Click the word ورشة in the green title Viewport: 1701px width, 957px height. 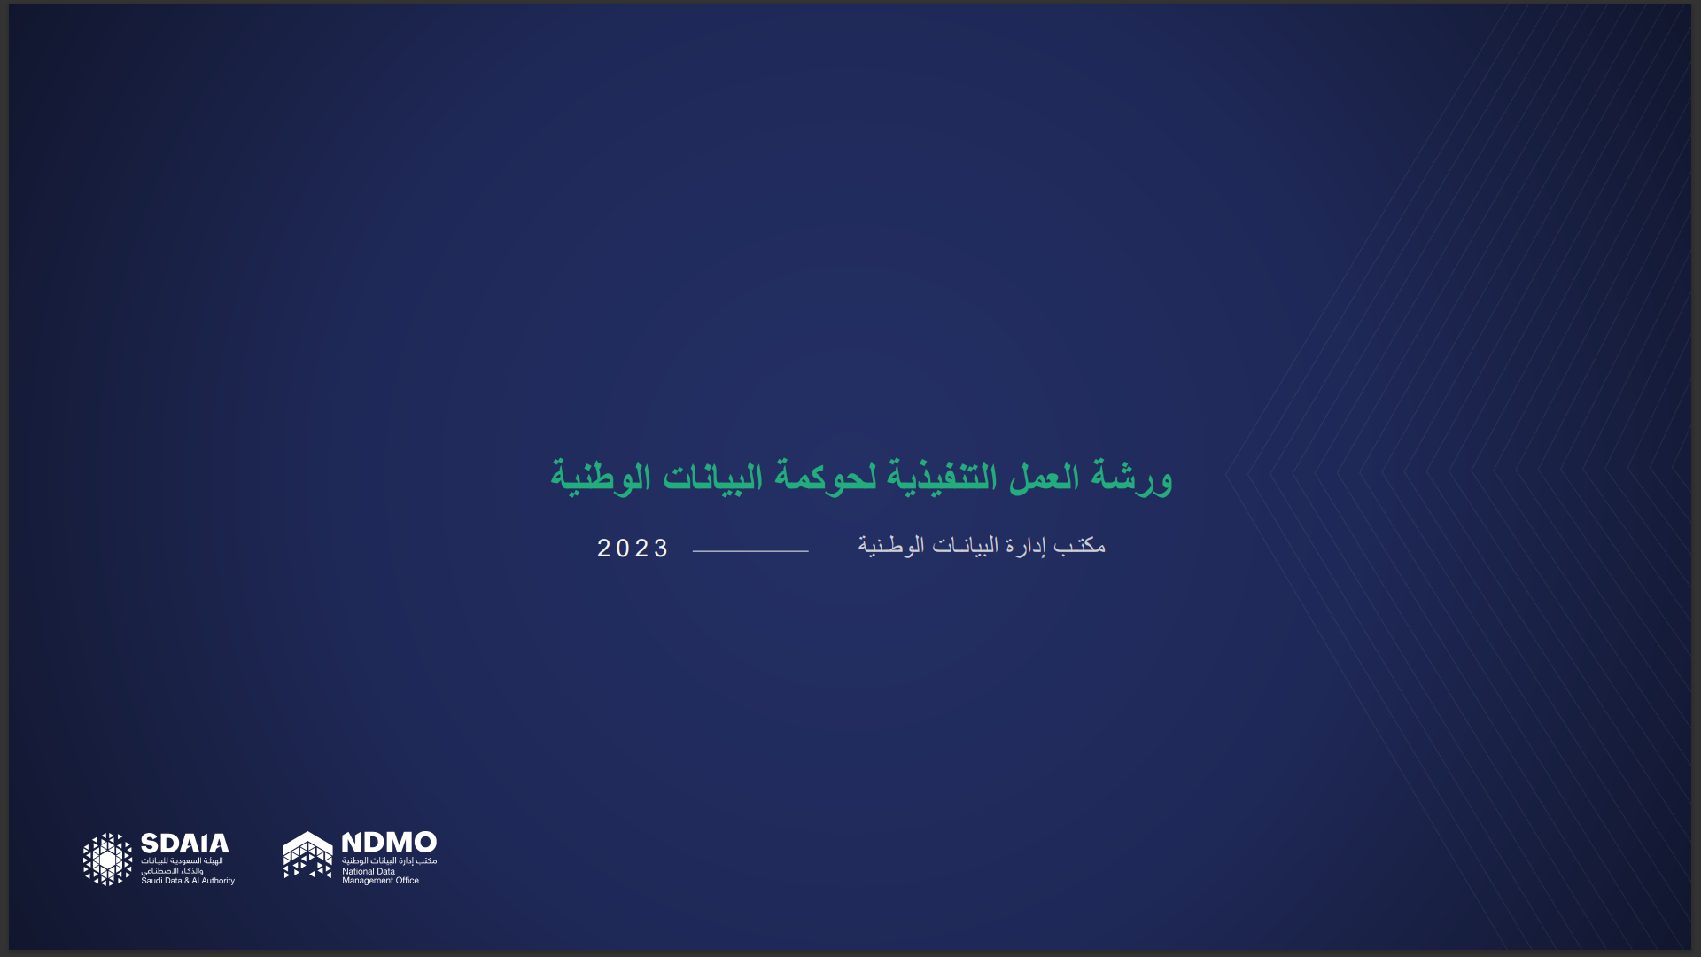pos(1132,477)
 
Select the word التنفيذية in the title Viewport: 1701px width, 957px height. pos(942,477)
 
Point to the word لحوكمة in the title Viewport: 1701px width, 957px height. pos(826,477)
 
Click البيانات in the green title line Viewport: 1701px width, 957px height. pos(712,477)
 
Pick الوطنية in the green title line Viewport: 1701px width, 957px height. pos(601,477)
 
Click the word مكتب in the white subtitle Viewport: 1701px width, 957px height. pos(1079,545)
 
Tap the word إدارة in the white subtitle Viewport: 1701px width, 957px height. pos(1025,546)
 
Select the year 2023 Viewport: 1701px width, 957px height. pos(633,549)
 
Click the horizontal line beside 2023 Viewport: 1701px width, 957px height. pos(750,551)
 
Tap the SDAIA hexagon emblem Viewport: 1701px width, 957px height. pos(107,859)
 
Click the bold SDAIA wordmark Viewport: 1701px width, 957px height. pos(185,843)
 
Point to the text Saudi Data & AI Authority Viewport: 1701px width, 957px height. pos(188,881)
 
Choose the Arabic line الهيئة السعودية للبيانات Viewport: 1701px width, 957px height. pos(183,860)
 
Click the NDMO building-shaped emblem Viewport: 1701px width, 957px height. pos(307,855)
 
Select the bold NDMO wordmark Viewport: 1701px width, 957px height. pos(389,842)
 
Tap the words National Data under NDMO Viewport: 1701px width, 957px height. pos(369,871)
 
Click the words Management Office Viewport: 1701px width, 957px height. pos(381,881)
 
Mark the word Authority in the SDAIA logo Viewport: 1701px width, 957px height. pos(218,881)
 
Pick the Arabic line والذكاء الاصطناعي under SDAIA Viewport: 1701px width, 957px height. pos(172,871)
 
